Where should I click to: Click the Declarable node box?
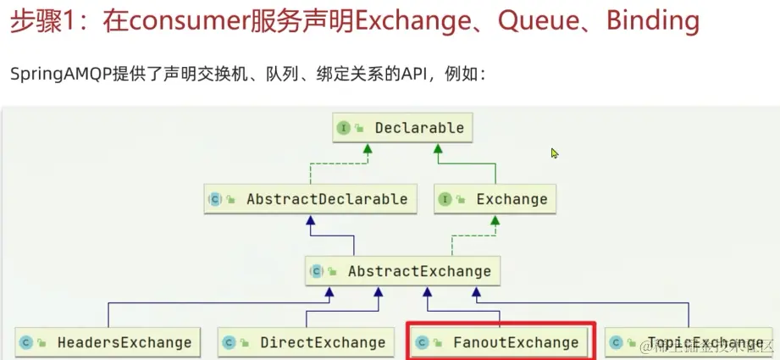(x=401, y=128)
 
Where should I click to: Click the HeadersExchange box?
(x=108, y=342)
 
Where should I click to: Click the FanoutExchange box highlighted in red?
(x=501, y=342)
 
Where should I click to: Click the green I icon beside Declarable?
(x=344, y=128)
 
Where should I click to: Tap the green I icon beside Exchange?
(x=445, y=199)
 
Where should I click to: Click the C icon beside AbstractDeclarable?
(x=215, y=199)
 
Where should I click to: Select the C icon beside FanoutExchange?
(x=422, y=342)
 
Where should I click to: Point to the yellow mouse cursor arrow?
(x=555, y=153)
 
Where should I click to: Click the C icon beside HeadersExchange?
(x=26, y=342)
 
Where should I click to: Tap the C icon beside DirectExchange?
(x=229, y=342)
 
